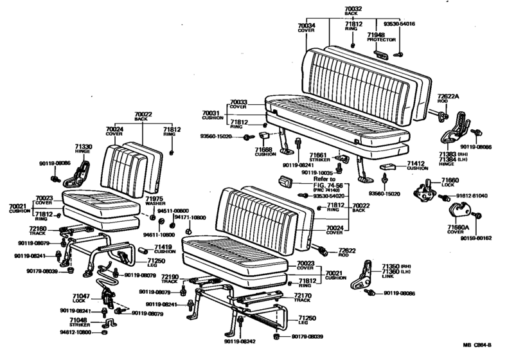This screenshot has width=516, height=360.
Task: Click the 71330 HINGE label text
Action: [84, 150]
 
